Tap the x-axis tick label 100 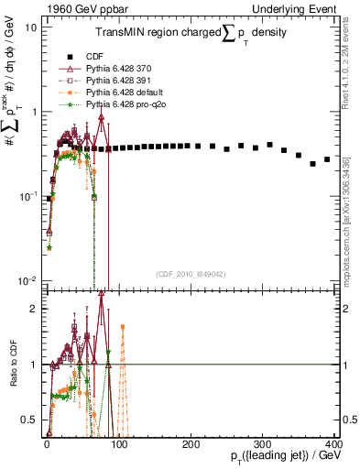click(118, 443)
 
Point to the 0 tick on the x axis click(47, 443)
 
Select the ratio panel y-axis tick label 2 click(34, 309)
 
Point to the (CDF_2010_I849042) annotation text click(191, 274)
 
